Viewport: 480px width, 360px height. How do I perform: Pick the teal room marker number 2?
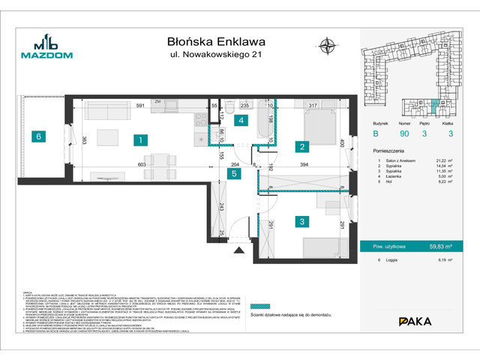[x=301, y=147]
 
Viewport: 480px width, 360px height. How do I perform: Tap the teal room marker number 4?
[x=241, y=120]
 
